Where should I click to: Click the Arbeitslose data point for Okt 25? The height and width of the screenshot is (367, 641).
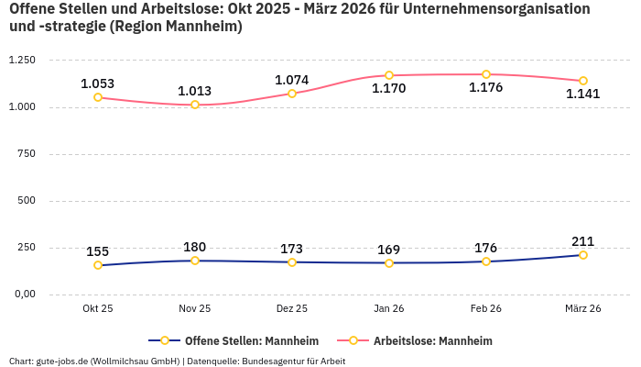(98, 97)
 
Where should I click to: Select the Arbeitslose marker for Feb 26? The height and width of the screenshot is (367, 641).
(486, 74)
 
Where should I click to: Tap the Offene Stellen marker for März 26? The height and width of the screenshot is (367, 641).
(583, 255)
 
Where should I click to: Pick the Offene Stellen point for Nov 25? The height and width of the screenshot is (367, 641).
(195, 261)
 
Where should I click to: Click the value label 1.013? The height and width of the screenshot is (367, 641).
(194, 91)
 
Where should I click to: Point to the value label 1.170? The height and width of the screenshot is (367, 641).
(388, 89)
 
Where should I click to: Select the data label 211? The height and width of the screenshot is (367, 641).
(583, 241)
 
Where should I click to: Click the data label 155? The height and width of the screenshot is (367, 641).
(98, 251)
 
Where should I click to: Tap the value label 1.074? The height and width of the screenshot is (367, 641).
(292, 80)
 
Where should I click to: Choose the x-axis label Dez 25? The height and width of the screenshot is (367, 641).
(292, 309)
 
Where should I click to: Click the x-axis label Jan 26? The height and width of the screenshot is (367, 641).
(389, 309)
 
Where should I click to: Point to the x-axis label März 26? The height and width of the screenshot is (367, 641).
(583, 309)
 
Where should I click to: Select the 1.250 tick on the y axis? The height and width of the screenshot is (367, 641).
(21, 61)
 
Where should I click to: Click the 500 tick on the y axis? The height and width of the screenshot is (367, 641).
(27, 201)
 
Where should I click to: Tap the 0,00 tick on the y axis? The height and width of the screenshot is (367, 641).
(24, 295)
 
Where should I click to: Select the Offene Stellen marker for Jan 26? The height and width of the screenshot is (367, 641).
(389, 263)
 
